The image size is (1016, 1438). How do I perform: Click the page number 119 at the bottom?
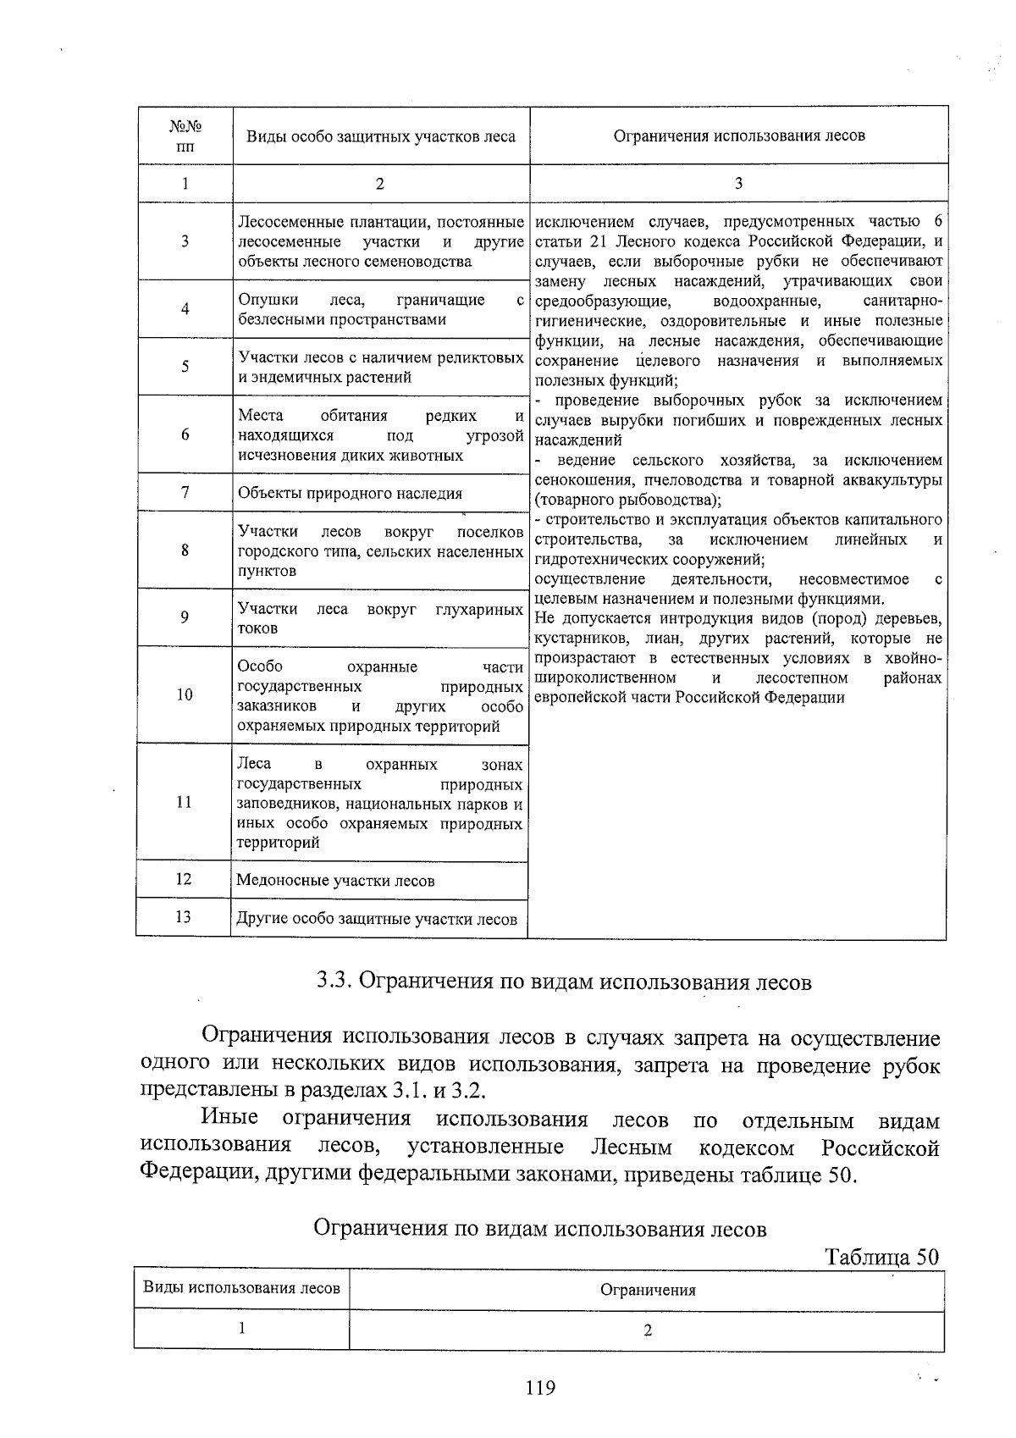click(539, 1388)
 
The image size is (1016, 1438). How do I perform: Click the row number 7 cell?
click(185, 492)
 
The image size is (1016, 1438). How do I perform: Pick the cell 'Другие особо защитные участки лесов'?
click(377, 919)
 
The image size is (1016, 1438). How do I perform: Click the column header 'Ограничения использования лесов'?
click(738, 136)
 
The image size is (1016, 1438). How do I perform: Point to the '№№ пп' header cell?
click(185, 136)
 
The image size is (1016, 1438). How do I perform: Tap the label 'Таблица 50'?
click(881, 1256)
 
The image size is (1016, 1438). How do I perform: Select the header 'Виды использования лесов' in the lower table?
click(241, 1288)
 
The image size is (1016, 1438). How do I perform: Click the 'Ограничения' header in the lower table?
click(647, 1291)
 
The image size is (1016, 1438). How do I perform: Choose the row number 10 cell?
click(185, 694)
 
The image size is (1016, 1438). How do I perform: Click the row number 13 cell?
click(184, 916)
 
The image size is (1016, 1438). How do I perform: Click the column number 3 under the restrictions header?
click(738, 183)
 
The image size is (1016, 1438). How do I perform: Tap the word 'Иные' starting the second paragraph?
click(229, 1120)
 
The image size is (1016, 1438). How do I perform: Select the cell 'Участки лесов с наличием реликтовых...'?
click(380, 368)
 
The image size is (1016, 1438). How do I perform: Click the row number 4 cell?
click(185, 309)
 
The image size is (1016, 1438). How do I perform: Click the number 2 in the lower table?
click(647, 1330)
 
